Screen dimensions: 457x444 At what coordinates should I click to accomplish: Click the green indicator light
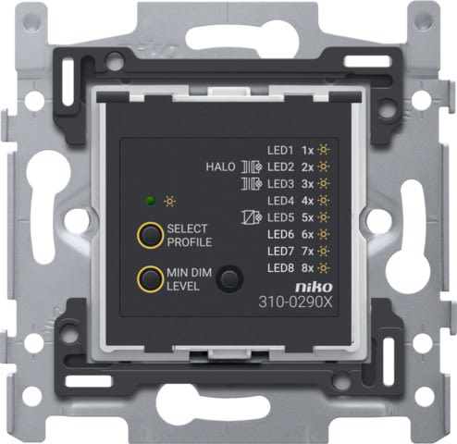point(151,202)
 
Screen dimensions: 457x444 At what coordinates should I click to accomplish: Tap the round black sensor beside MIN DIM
point(229,278)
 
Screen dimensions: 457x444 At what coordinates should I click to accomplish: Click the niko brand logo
point(314,287)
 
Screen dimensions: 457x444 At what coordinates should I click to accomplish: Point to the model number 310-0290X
point(295,302)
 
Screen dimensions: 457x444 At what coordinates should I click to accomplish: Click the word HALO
point(220,167)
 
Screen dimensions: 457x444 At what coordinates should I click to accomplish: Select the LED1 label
point(280,151)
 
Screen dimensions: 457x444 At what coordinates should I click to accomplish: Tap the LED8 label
point(280,268)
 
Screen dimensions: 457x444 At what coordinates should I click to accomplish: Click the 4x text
point(307,201)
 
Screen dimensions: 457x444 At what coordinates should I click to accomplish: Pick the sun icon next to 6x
point(323,234)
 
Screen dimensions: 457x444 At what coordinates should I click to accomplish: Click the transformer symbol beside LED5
point(252,217)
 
